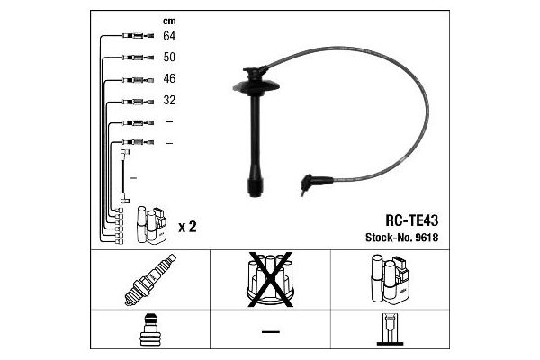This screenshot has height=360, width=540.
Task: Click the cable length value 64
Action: coord(169,36)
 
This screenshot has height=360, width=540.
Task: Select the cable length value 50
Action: coord(169,57)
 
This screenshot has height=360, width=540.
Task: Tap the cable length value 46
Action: coord(169,78)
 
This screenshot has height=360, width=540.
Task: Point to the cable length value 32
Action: coord(169,100)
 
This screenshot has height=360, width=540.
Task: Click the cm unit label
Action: coord(169,22)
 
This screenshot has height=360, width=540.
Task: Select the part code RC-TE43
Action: coord(411,220)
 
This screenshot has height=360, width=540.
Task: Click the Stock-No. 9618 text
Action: coord(401,238)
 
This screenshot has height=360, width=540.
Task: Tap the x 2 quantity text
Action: coord(187,227)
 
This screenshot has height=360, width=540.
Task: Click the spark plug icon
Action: coord(150,280)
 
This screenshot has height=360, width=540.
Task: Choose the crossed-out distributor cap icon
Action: coord(270,279)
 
